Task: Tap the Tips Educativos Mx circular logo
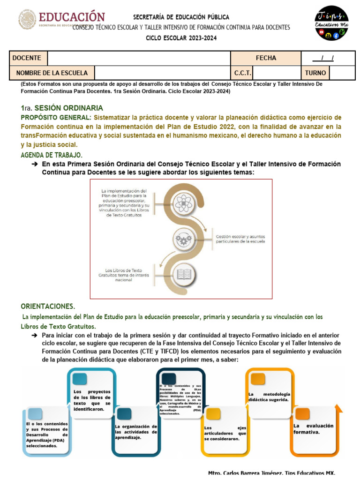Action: [331, 22]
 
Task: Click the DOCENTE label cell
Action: [27, 58]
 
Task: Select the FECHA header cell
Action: [266, 58]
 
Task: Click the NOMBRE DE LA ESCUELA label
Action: [52, 73]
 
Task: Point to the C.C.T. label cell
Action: [243, 73]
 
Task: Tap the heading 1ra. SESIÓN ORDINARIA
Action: [62, 107]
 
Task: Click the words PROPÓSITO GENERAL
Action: [56, 117]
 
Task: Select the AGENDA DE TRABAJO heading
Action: [52, 155]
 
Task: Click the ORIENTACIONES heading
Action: [47, 306]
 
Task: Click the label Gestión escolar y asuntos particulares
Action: [240, 239]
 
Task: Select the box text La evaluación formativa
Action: [313, 428]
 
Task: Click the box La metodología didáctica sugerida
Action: [269, 397]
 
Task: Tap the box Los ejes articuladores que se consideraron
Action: [225, 433]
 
